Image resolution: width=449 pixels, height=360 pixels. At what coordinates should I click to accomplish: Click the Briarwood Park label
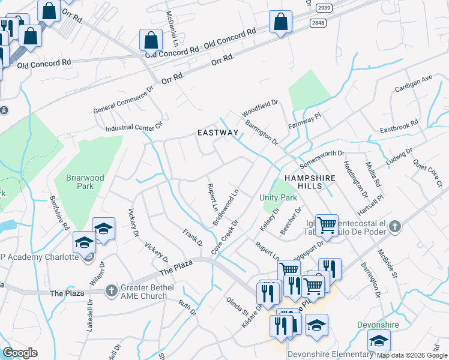tap(77, 182)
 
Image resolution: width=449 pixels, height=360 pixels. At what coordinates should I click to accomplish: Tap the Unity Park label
tap(278, 197)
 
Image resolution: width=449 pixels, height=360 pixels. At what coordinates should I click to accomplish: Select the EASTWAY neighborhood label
tap(218, 133)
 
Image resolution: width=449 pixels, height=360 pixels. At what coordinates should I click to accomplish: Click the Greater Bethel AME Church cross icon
tap(111, 291)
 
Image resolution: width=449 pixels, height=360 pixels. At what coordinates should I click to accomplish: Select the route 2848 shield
tap(319, 22)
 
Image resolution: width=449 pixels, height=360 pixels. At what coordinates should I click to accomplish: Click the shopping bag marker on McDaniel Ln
tap(151, 41)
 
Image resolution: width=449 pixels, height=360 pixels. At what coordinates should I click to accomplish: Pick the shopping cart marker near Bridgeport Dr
tap(327, 226)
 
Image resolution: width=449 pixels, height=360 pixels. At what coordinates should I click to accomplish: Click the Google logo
tap(20, 352)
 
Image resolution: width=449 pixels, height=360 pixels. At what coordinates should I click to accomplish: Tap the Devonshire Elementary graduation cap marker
tap(379, 341)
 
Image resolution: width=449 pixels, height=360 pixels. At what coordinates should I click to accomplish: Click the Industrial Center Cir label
tap(134, 127)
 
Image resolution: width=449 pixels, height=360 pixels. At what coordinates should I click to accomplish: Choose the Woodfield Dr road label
tap(260, 108)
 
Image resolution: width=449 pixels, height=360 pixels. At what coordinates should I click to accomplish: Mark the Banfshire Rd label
tap(59, 211)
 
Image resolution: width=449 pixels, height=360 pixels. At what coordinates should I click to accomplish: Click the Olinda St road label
tap(237, 305)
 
